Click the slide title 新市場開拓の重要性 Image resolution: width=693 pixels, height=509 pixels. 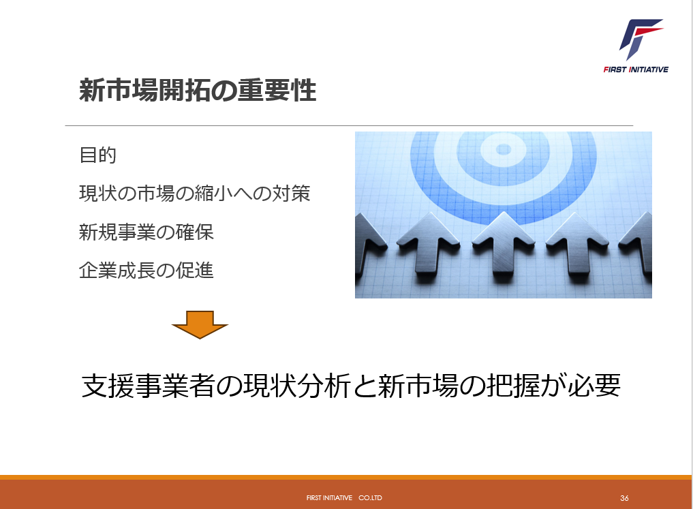[198, 90]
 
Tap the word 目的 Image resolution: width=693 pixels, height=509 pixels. [97, 155]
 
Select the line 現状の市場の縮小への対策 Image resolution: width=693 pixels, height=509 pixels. [194, 194]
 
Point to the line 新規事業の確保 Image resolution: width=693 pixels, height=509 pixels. [147, 232]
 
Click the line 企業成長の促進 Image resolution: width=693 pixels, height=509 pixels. [147, 271]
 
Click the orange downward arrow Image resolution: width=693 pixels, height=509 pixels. [200, 325]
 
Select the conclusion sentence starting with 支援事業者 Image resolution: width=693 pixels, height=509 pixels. [352, 385]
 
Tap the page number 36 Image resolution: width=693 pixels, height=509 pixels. [624, 498]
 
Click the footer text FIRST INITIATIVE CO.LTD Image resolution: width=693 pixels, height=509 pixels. [344, 497]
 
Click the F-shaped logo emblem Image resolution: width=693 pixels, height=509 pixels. [641, 39]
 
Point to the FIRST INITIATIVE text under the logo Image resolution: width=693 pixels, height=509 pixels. [636, 70]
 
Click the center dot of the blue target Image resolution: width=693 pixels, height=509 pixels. [504, 149]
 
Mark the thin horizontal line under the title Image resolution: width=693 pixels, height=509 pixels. [349, 125]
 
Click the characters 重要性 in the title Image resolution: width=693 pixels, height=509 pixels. [277, 90]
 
